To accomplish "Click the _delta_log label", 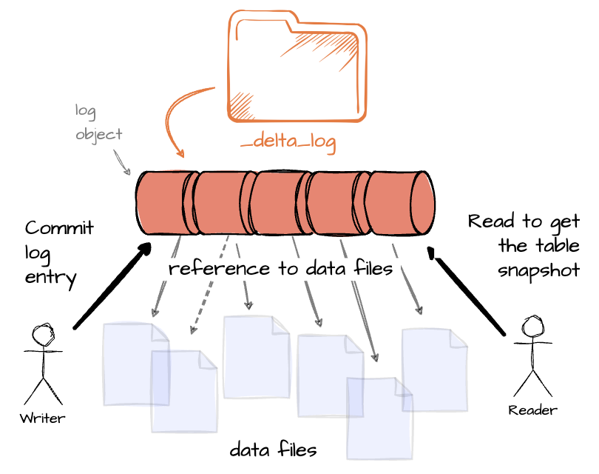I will pos(288,144).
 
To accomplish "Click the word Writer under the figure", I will pos(42,418).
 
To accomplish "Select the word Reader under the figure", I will pos(532,410).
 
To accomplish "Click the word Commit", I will pos(59,228).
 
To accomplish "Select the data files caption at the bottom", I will pos(273,450).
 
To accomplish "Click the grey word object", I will pos(98,135).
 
